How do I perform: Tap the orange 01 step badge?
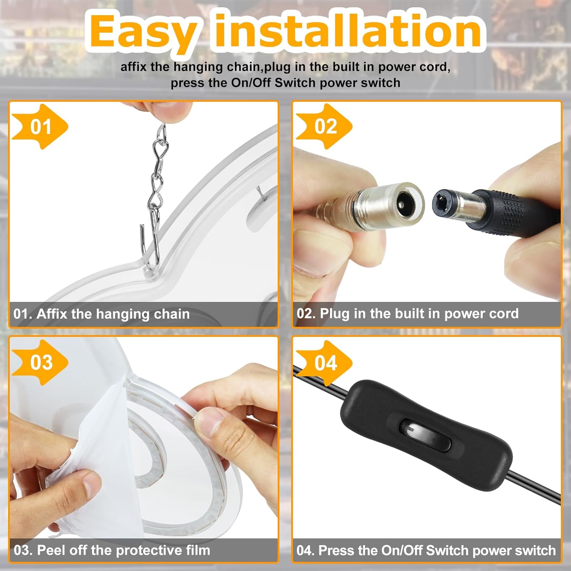40,126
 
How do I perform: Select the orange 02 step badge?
324,126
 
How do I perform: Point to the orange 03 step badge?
40,362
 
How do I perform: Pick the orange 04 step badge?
324,362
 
